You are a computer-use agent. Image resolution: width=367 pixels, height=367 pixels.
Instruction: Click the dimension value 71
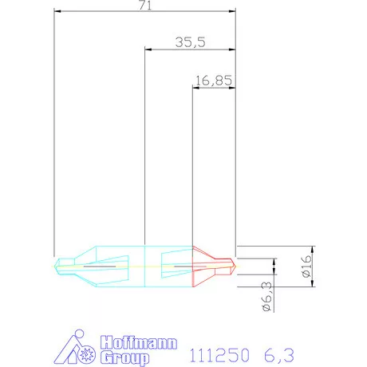coord(144,6)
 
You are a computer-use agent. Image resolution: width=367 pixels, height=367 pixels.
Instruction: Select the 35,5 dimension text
coord(190,42)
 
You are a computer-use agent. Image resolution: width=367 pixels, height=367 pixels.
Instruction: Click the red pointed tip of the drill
coord(232,265)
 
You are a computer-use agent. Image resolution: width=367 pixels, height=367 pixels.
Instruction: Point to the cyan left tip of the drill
coord(57,265)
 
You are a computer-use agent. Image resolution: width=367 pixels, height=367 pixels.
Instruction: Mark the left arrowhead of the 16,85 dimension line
coord(195,85)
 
